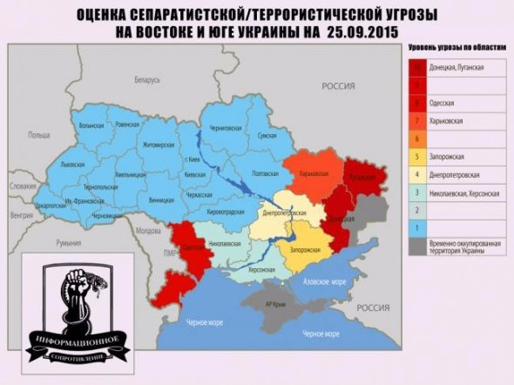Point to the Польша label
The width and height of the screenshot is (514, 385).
[x=39, y=135]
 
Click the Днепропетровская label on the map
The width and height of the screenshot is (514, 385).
[x=284, y=213]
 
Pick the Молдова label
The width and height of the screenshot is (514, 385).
[x=149, y=231]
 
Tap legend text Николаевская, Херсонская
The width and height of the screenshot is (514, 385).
[x=467, y=192]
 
